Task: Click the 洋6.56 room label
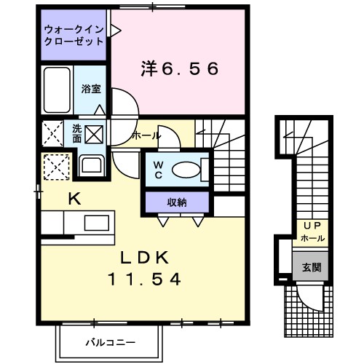tap(179, 69)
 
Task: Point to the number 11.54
tap(144, 278)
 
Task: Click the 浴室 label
tap(91, 88)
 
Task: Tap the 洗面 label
tap(76, 133)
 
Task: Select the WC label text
tap(157, 170)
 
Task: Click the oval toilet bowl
tap(186, 170)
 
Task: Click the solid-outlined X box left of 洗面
tap(52, 135)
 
